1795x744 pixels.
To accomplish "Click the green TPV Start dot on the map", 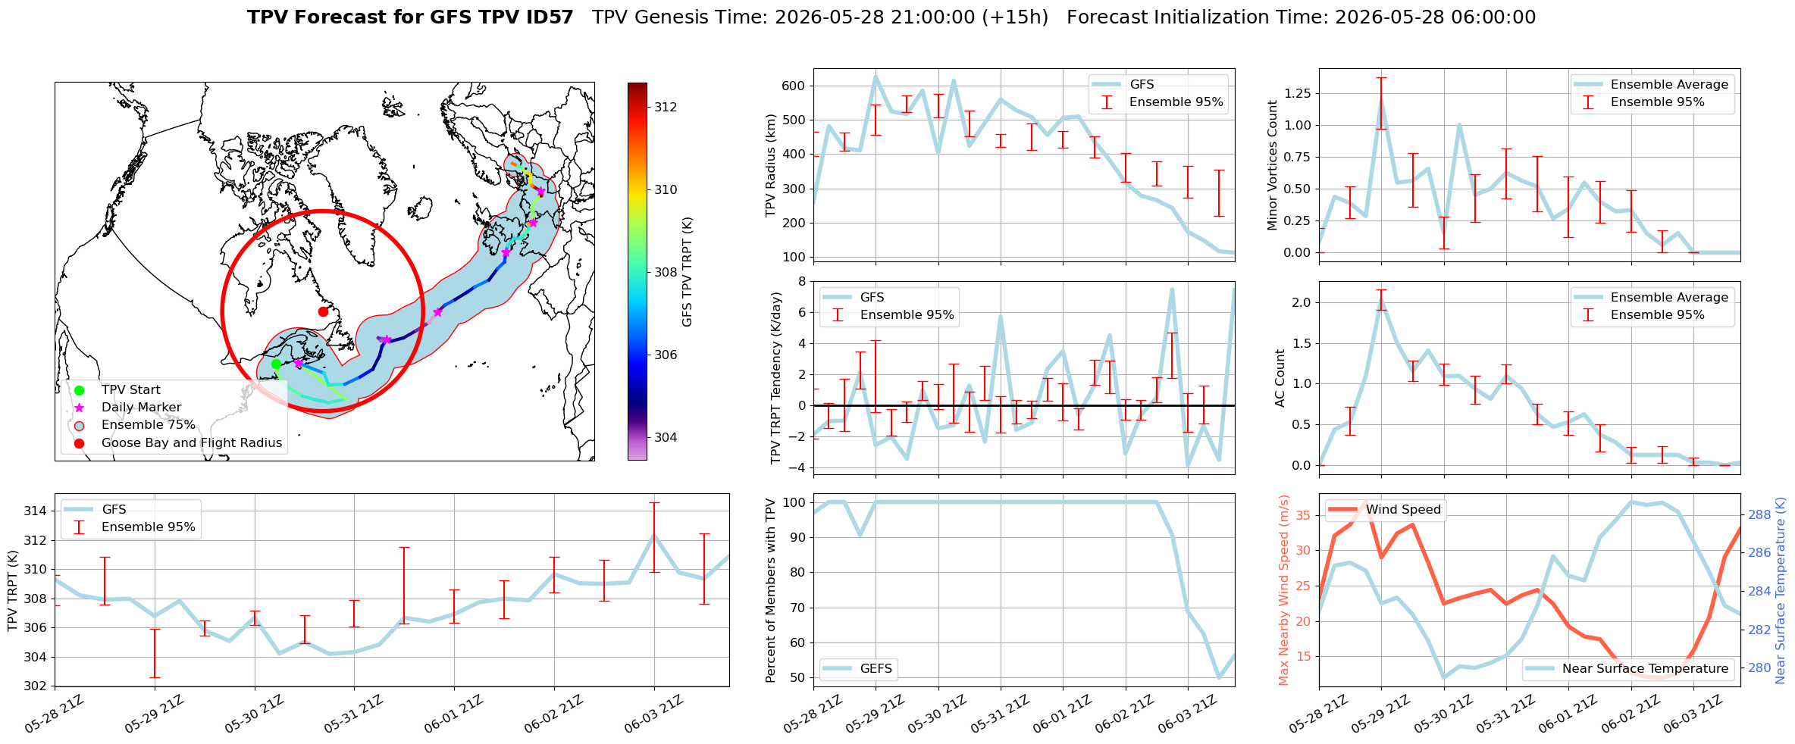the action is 276,364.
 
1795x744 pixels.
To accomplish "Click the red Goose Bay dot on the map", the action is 323,311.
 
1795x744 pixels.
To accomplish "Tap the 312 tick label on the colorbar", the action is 666,107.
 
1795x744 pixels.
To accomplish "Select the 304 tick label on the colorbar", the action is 666,437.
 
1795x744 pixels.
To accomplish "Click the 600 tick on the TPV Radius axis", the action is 794,86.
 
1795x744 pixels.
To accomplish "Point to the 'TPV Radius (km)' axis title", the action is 771,165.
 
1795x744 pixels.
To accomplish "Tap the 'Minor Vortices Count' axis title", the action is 1272,165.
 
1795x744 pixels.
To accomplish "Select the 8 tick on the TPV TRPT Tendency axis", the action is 800,281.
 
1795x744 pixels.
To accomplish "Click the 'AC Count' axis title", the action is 1280,378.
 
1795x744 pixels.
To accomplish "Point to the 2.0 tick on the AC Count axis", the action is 1302,302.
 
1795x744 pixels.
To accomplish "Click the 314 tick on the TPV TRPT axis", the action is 35,511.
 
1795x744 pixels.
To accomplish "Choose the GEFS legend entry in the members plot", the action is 876,668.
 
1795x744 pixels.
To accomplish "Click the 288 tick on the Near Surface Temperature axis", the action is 1759,514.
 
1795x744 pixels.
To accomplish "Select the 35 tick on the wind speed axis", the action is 1305,515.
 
